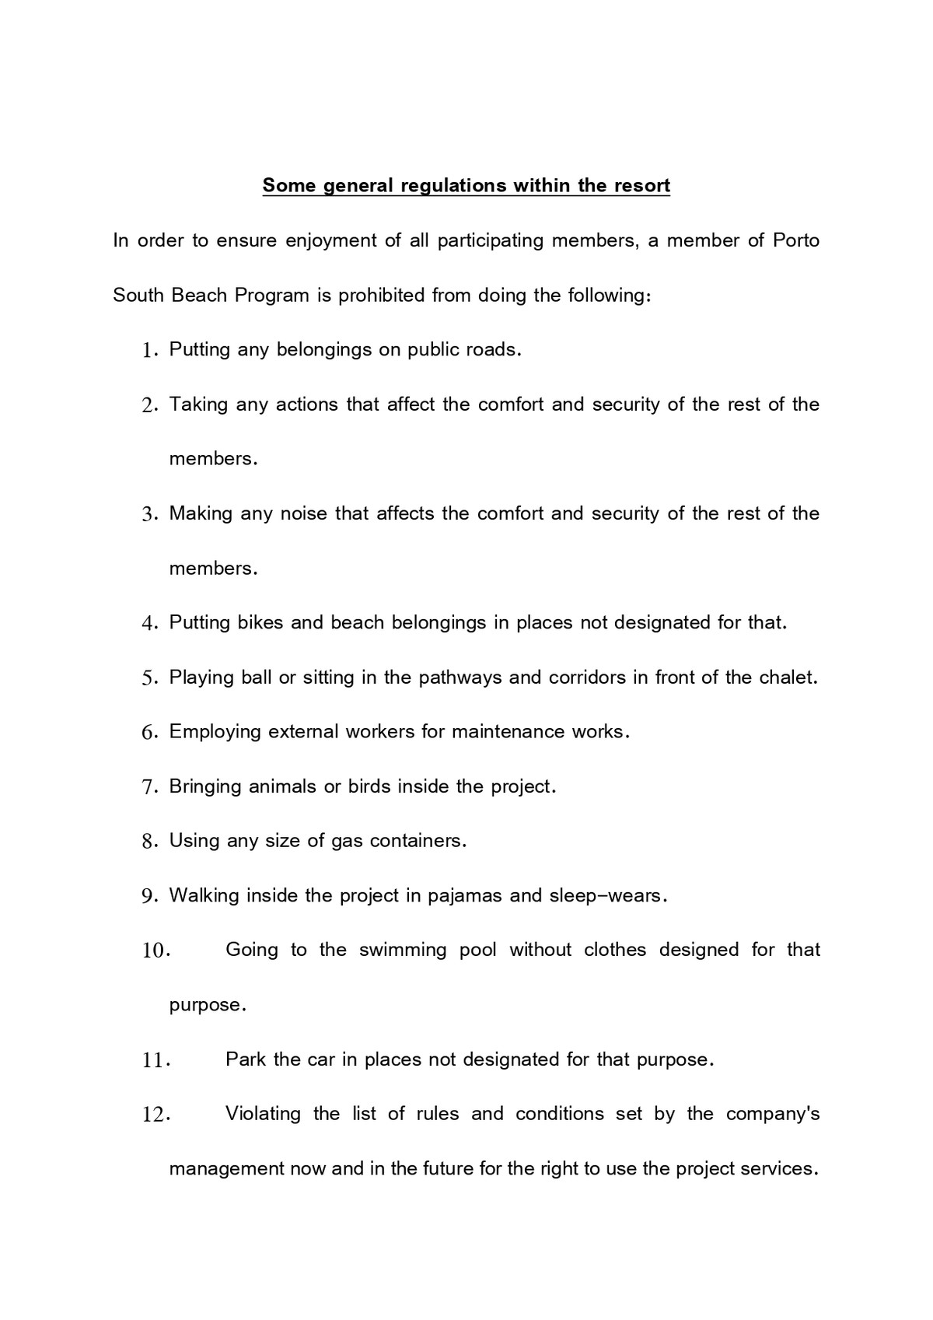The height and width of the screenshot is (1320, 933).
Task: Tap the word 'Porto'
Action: (796, 240)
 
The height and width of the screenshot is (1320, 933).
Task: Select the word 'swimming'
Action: (403, 951)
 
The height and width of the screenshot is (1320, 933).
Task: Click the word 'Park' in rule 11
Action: (246, 1059)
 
